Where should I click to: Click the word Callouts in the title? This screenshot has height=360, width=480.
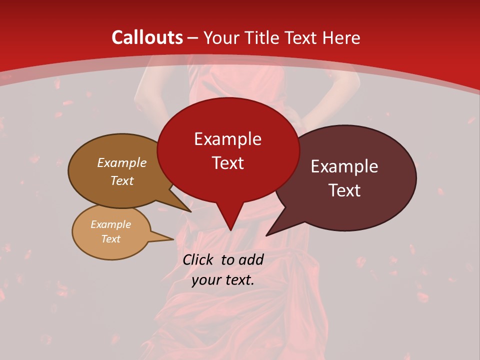coord(147,37)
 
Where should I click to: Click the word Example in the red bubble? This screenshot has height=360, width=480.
coord(227,139)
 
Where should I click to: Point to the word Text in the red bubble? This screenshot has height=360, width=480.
coord(227,163)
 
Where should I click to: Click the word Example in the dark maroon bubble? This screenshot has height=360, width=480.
coord(344,166)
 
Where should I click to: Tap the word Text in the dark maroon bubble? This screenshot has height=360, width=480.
coord(345,190)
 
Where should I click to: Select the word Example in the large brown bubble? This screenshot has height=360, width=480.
coord(122,163)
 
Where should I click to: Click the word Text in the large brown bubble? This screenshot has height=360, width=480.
coord(122,180)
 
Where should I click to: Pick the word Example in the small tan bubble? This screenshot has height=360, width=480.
coord(110,224)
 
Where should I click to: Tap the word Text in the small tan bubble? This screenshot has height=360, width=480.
coord(110,239)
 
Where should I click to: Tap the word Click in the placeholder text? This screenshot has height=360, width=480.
coord(198,259)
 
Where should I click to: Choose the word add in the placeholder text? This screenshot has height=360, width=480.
coord(251,259)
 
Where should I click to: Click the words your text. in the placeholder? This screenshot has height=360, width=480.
coord(223,280)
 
